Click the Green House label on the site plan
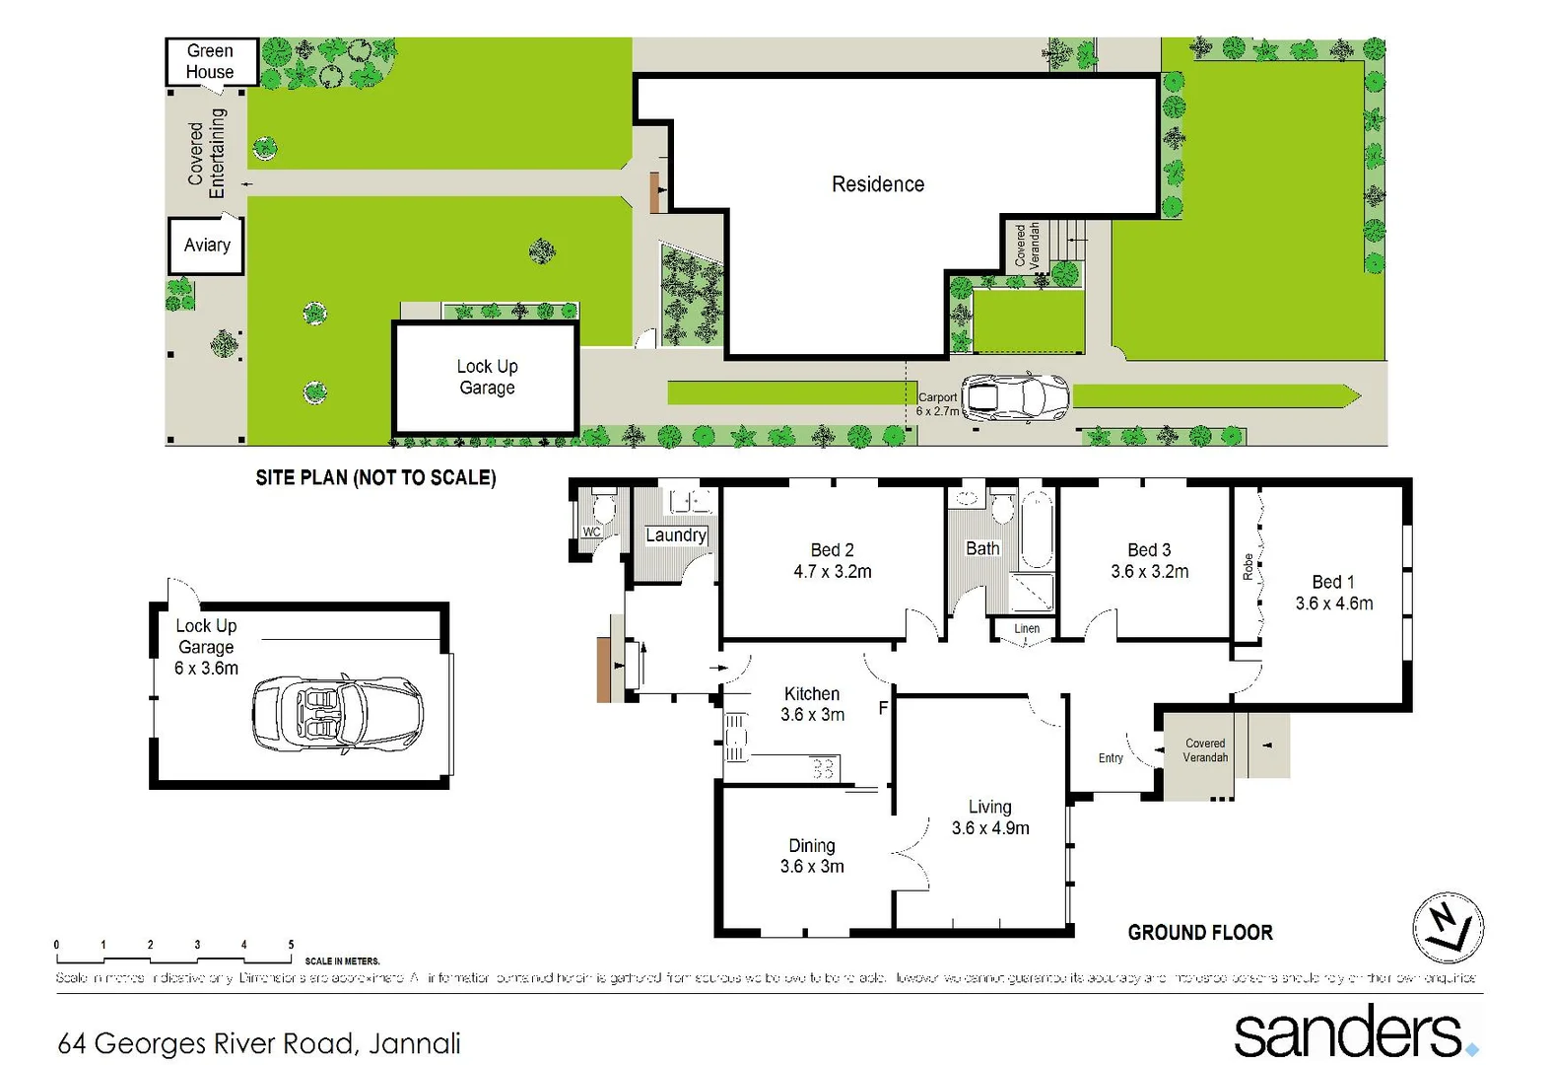coord(210,61)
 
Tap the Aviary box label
coord(207,245)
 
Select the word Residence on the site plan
coord(878,184)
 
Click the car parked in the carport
coord(1015,397)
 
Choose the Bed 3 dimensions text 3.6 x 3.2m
coord(1149,572)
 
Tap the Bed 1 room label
coord(1332,582)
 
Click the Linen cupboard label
coord(1027,628)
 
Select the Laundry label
coord(676,535)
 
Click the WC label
coord(591,532)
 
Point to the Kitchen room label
coord(812,694)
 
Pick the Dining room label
coord(812,846)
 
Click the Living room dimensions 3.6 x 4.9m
coord(990,828)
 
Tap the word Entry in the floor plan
coord(1111,758)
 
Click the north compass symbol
coord(1448,928)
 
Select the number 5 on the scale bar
coord(291,945)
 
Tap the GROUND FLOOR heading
coord(1200,933)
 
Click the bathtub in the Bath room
coord(1037,531)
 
